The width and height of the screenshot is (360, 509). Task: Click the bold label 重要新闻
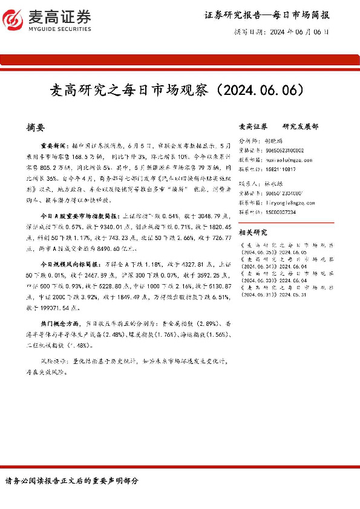click(54, 147)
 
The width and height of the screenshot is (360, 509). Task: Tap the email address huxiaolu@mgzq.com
click(296, 160)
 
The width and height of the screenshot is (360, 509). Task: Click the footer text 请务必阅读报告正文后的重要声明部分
click(71, 481)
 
